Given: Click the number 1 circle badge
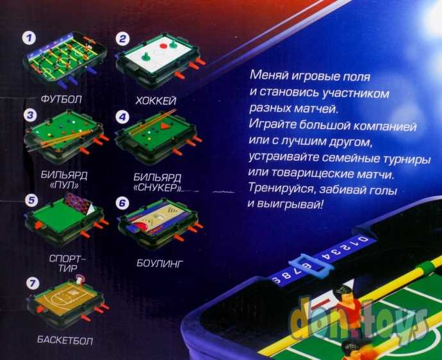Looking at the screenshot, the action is (29, 38).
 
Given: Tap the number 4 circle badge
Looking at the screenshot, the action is (122, 117).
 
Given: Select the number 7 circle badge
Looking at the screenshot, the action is (33, 283).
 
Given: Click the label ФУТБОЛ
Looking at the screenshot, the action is (61, 99).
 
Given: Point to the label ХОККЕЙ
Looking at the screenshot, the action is (156, 101).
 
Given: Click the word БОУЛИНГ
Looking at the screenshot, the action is (160, 263).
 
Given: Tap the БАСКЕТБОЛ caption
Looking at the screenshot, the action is (65, 340).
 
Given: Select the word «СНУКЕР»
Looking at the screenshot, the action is (157, 187).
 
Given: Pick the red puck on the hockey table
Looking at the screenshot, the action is (163, 45).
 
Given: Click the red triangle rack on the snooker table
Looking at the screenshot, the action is (163, 126).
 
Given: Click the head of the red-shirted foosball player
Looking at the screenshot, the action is (343, 293).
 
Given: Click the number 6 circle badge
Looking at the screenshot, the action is (122, 203).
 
